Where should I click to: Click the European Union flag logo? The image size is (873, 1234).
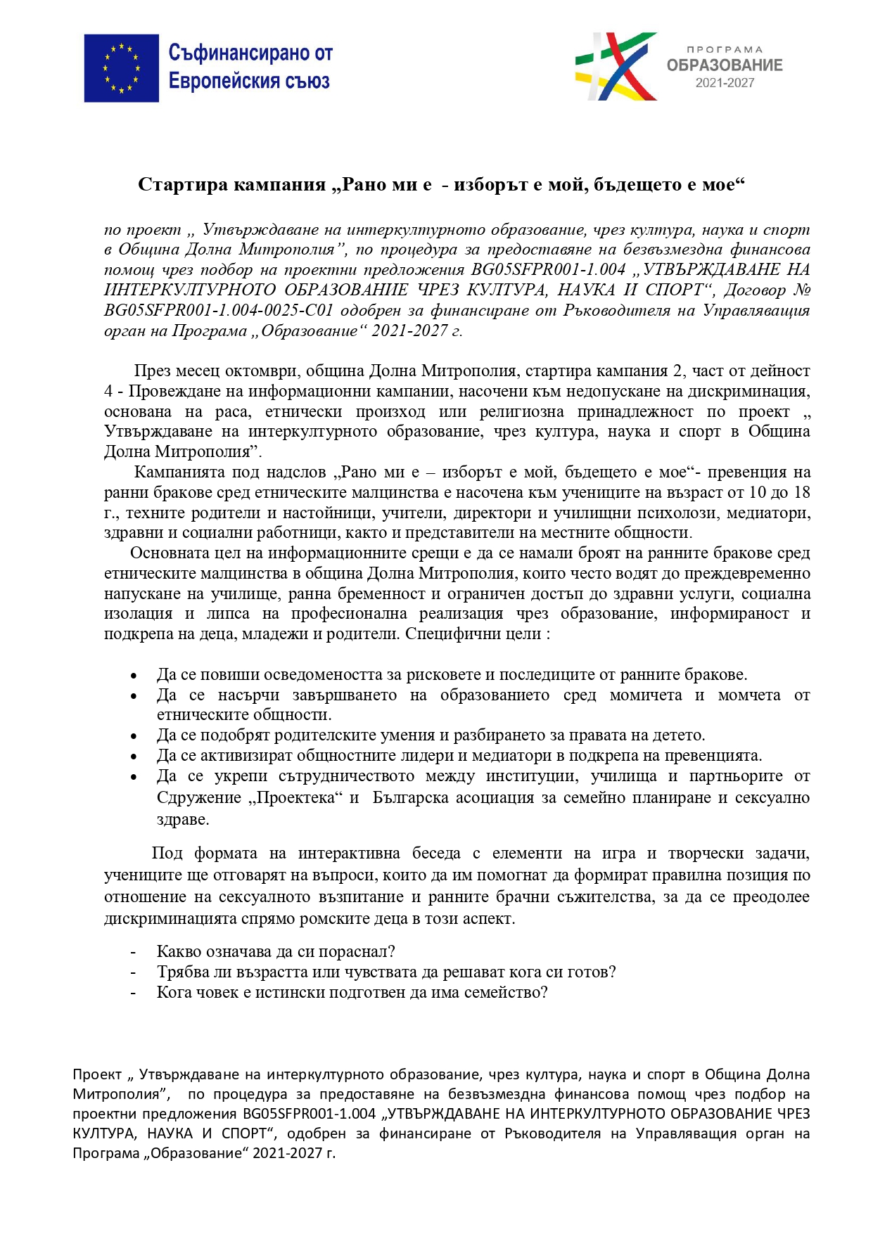(x=121, y=68)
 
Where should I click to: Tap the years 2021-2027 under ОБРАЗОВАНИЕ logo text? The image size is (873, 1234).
(x=725, y=83)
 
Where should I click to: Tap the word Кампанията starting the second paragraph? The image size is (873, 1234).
(x=179, y=473)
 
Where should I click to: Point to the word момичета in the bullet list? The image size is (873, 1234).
(x=645, y=695)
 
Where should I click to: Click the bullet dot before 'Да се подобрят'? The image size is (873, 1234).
(x=134, y=736)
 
